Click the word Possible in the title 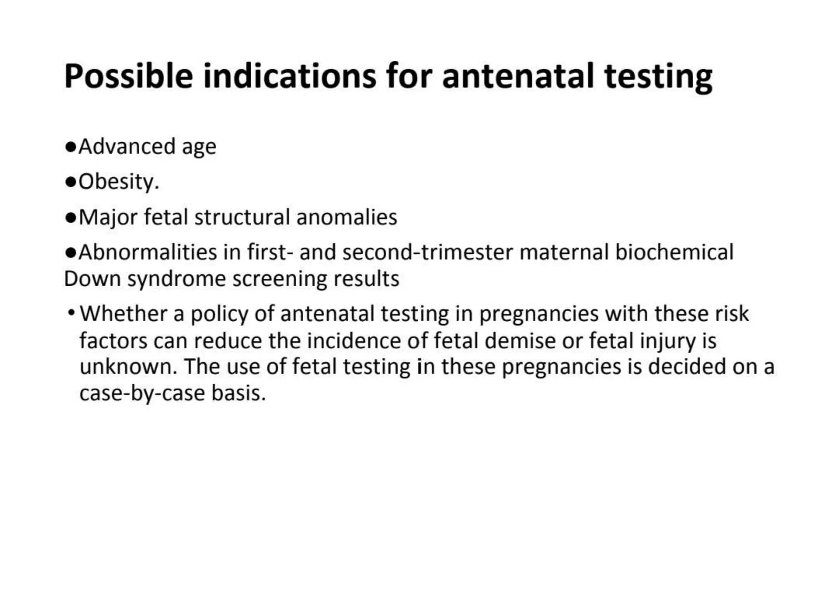point(128,77)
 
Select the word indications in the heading point(289,77)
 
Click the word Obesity point(118,182)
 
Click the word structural point(242,217)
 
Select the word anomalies point(347,217)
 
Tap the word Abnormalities point(147,252)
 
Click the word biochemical point(674,252)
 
